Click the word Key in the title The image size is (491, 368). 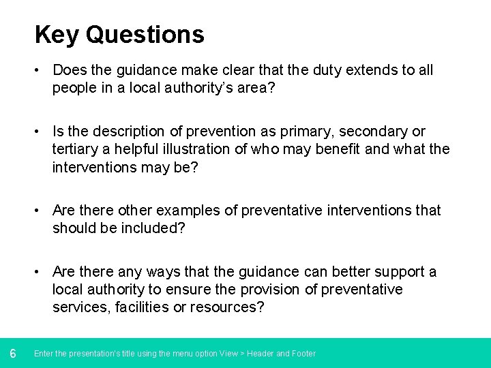tap(57, 35)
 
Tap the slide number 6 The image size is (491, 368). tap(13, 353)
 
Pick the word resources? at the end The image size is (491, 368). tap(230, 307)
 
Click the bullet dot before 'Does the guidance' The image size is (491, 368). tap(42, 70)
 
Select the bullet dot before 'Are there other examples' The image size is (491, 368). tap(42, 211)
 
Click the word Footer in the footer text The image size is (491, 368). tap(304, 354)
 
